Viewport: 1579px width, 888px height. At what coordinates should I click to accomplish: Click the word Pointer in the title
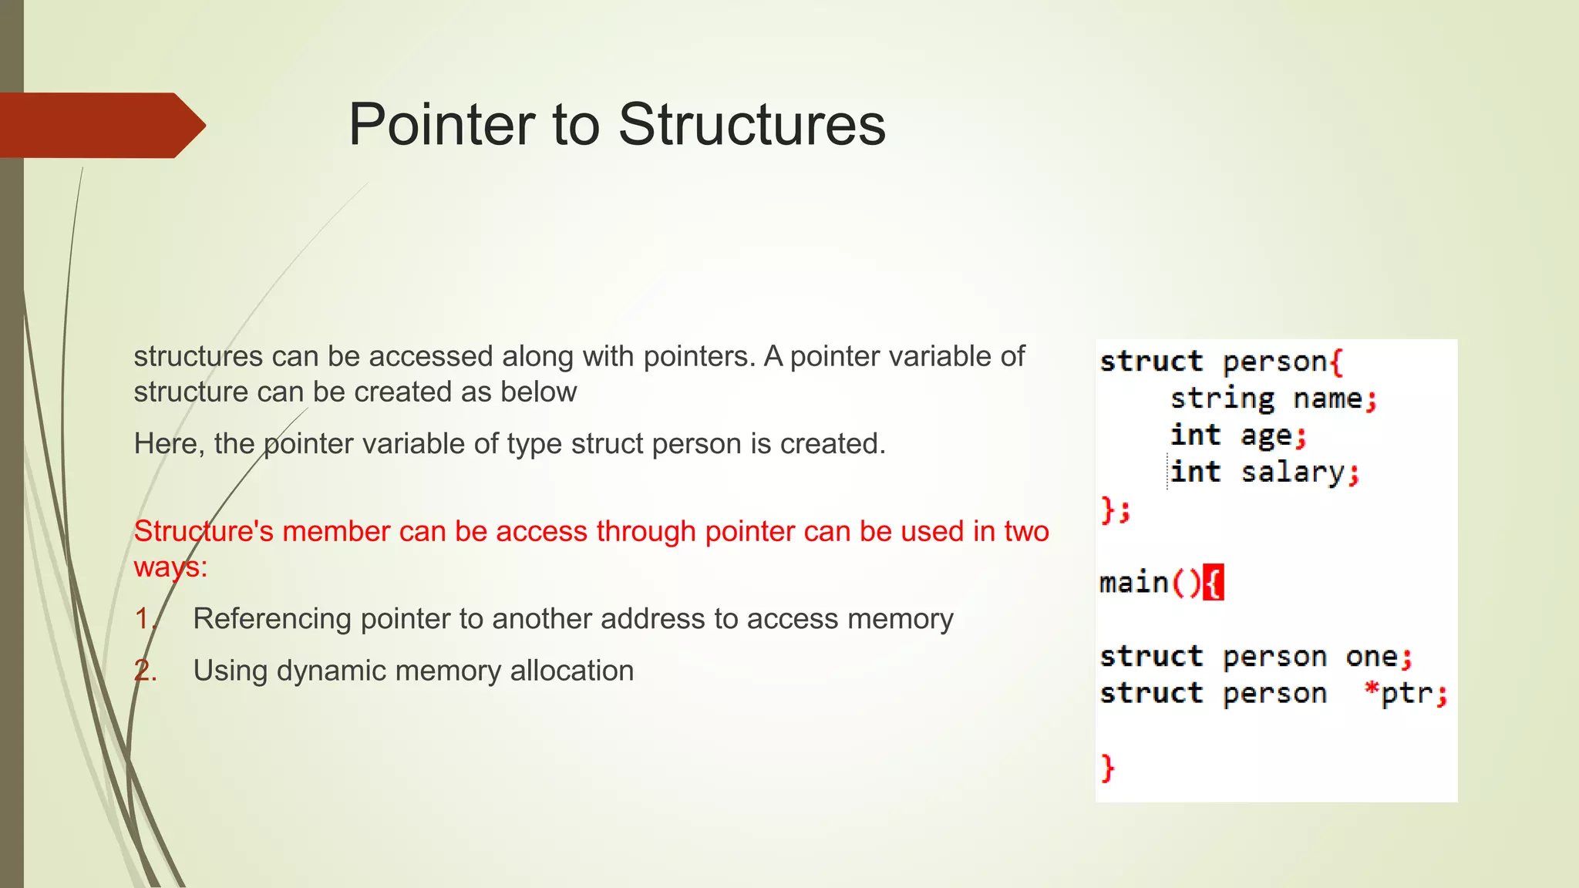tap(441, 125)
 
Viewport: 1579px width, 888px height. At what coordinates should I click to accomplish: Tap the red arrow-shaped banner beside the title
tap(100, 125)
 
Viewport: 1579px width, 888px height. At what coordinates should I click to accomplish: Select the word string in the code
tap(1222, 399)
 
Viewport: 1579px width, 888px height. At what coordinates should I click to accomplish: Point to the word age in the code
tap(1266, 436)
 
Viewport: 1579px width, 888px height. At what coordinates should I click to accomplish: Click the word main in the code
tap(1133, 582)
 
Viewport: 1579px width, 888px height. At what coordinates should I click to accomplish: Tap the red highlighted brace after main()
tap(1214, 583)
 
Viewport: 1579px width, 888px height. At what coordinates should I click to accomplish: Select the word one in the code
tap(1372, 657)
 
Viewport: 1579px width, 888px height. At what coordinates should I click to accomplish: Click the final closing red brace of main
tap(1108, 768)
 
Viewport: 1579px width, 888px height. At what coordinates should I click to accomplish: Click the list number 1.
tap(144, 619)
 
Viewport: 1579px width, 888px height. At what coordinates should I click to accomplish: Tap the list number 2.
tap(144, 671)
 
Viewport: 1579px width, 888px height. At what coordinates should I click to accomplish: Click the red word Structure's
tap(203, 531)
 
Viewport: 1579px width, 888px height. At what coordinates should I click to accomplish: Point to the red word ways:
tap(170, 567)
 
